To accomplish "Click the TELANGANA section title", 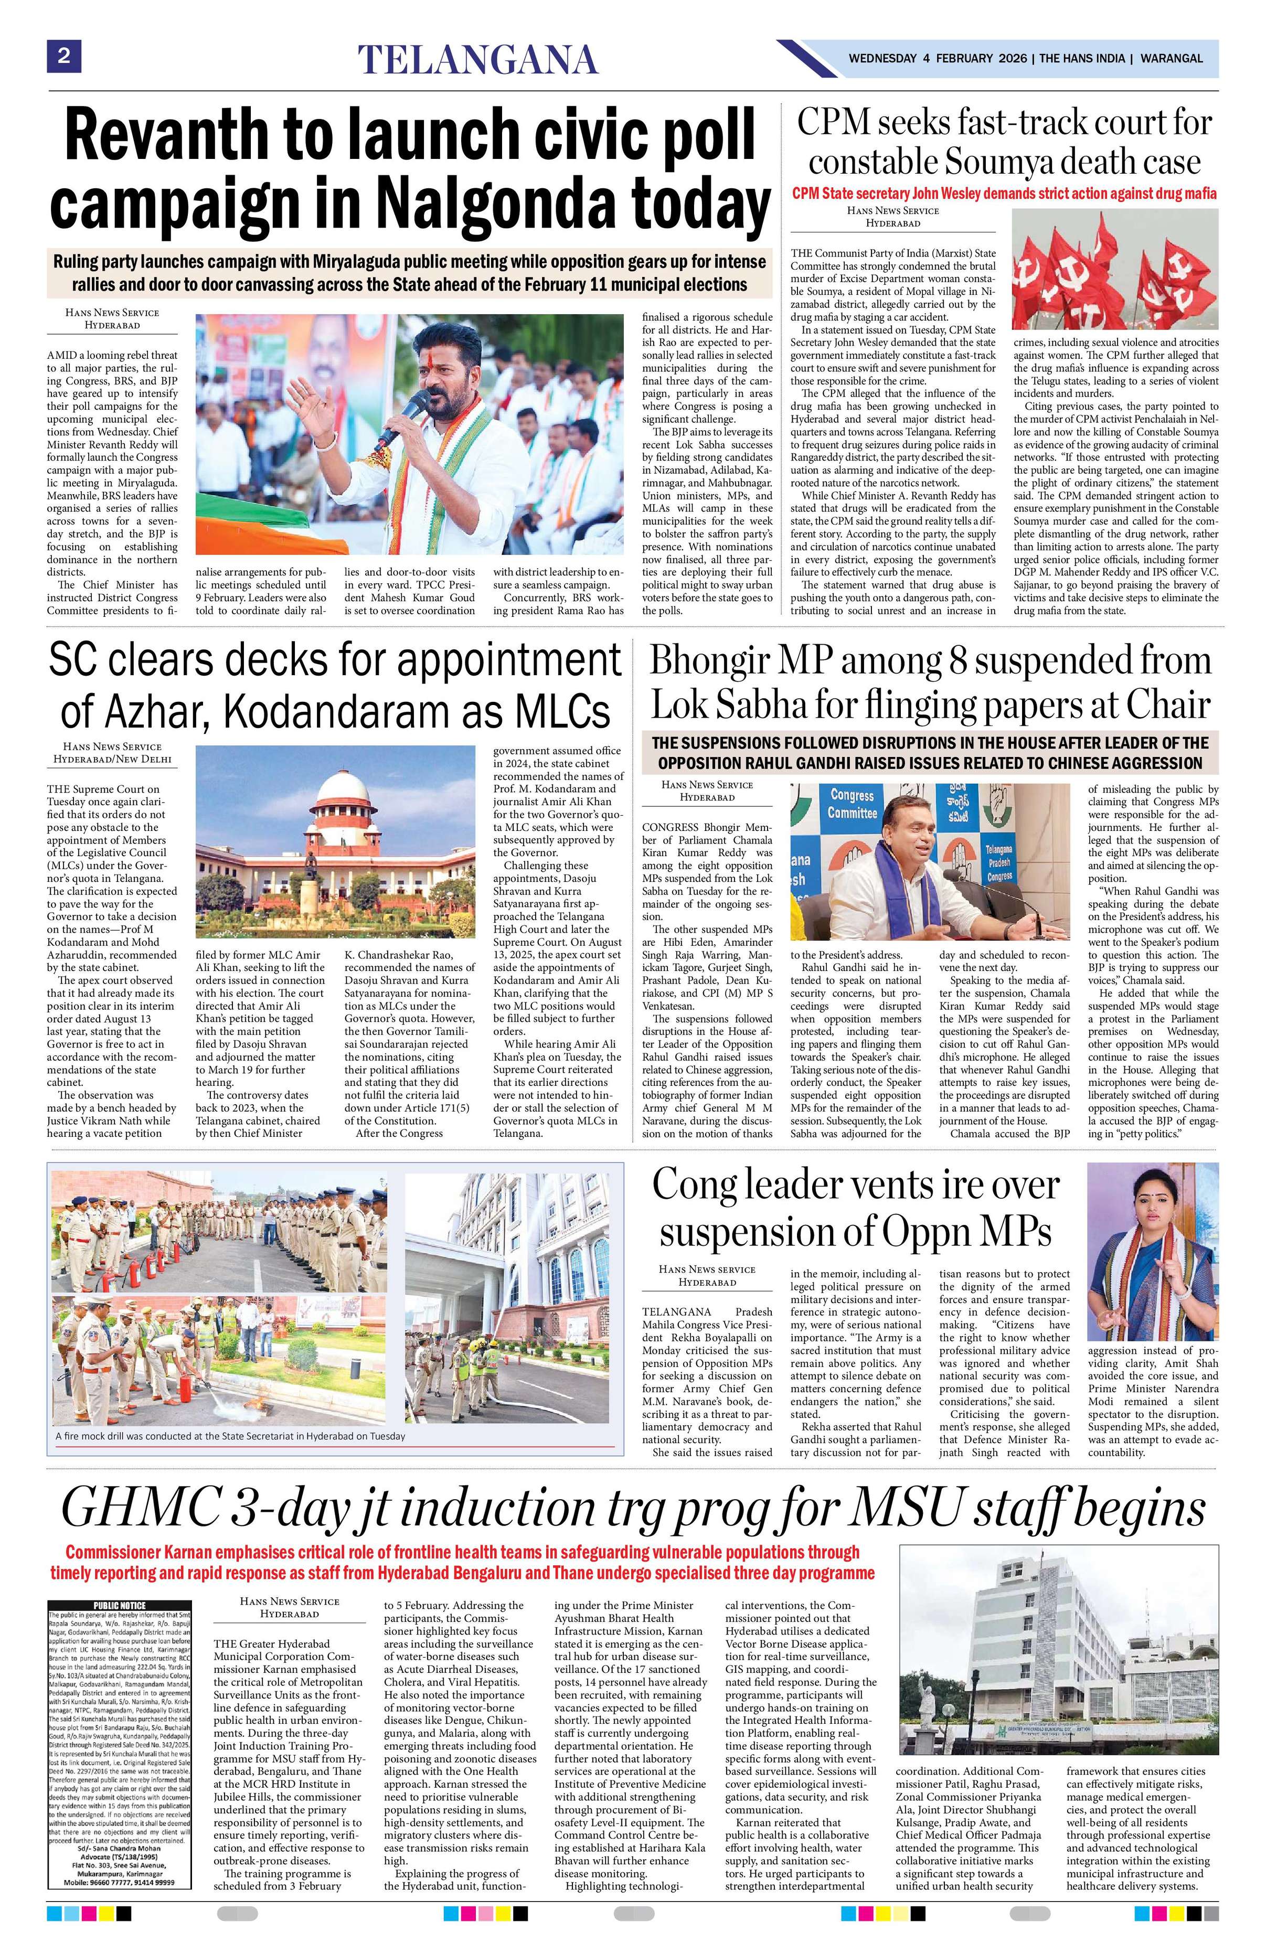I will pyautogui.click(x=477, y=60).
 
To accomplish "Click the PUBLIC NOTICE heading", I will pyautogui.click(x=119, y=1605).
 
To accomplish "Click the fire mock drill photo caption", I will pyautogui.click(x=230, y=1436).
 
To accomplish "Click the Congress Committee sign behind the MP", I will pyautogui.click(x=851, y=804).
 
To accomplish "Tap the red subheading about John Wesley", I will pyautogui.click(x=1004, y=194).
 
